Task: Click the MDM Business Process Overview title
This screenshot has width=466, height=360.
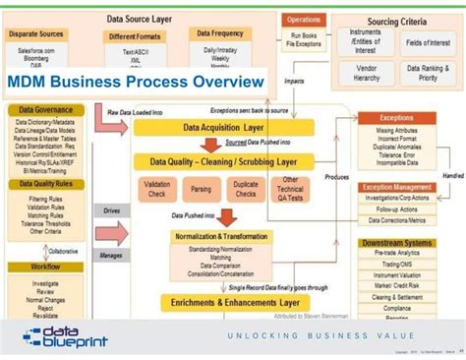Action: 138,82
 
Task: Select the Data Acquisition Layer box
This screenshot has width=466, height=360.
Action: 224,127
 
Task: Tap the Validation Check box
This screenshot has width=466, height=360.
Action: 156,189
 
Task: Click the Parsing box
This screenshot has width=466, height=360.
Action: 202,189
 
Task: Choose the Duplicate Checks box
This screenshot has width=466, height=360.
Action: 246,189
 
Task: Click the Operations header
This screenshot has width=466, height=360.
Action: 304,20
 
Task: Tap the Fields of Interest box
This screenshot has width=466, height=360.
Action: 427,41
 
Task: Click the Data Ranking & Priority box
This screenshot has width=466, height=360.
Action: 427,73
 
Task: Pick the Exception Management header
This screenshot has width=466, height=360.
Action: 397,186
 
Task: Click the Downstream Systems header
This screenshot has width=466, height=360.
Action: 397,242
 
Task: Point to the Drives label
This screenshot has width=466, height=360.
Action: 111,210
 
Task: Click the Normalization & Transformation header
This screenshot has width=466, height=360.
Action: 220,237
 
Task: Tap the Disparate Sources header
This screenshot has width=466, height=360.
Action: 37,33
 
